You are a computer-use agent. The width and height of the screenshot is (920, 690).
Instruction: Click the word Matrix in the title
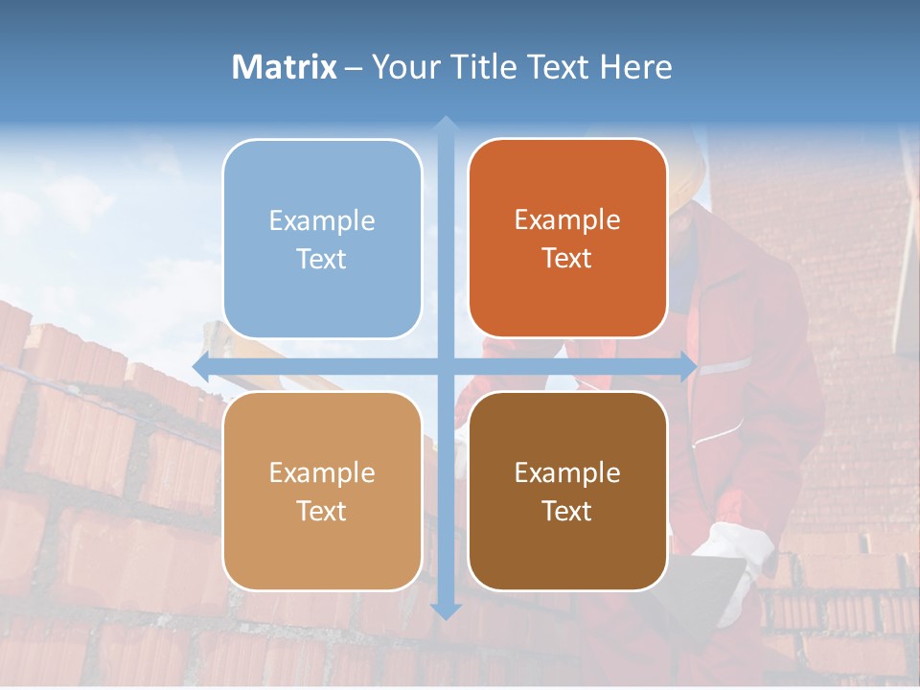click(x=284, y=67)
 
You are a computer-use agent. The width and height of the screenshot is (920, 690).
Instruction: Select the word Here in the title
click(x=635, y=67)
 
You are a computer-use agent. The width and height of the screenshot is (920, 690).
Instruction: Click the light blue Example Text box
click(x=322, y=239)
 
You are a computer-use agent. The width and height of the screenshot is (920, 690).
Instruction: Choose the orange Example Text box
click(x=567, y=239)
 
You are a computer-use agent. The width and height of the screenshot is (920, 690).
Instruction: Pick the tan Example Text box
click(x=322, y=491)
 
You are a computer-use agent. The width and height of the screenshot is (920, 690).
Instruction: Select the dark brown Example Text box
click(x=567, y=491)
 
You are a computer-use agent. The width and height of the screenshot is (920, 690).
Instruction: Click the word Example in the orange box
click(x=567, y=220)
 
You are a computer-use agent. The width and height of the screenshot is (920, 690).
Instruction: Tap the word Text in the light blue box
click(x=322, y=259)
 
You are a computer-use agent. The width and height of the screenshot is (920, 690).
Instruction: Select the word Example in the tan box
click(x=322, y=472)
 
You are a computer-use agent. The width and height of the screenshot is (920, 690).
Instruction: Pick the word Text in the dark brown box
click(x=567, y=512)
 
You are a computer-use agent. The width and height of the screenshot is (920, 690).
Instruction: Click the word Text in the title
click(x=559, y=67)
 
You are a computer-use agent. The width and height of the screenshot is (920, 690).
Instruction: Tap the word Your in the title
click(x=403, y=67)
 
